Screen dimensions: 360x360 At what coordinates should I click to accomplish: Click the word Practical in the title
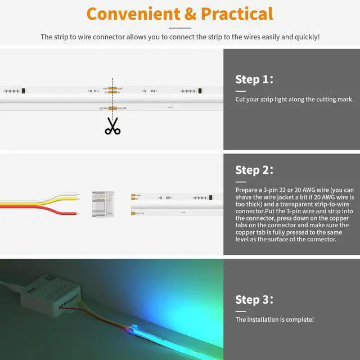[x=235, y=13]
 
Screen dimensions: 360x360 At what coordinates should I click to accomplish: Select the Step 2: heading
[x=254, y=169]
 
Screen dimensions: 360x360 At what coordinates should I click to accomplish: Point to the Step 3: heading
[x=254, y=299]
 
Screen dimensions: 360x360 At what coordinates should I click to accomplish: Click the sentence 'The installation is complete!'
[x=274, y=319]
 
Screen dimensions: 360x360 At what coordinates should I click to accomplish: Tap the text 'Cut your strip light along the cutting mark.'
[x=294, y=100]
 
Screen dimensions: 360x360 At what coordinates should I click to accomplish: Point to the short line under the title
[x=180, y=28]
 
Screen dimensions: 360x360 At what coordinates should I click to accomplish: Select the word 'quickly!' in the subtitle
[x=308, y=37]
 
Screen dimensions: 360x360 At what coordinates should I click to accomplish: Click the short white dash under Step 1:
[x=241, y=91]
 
